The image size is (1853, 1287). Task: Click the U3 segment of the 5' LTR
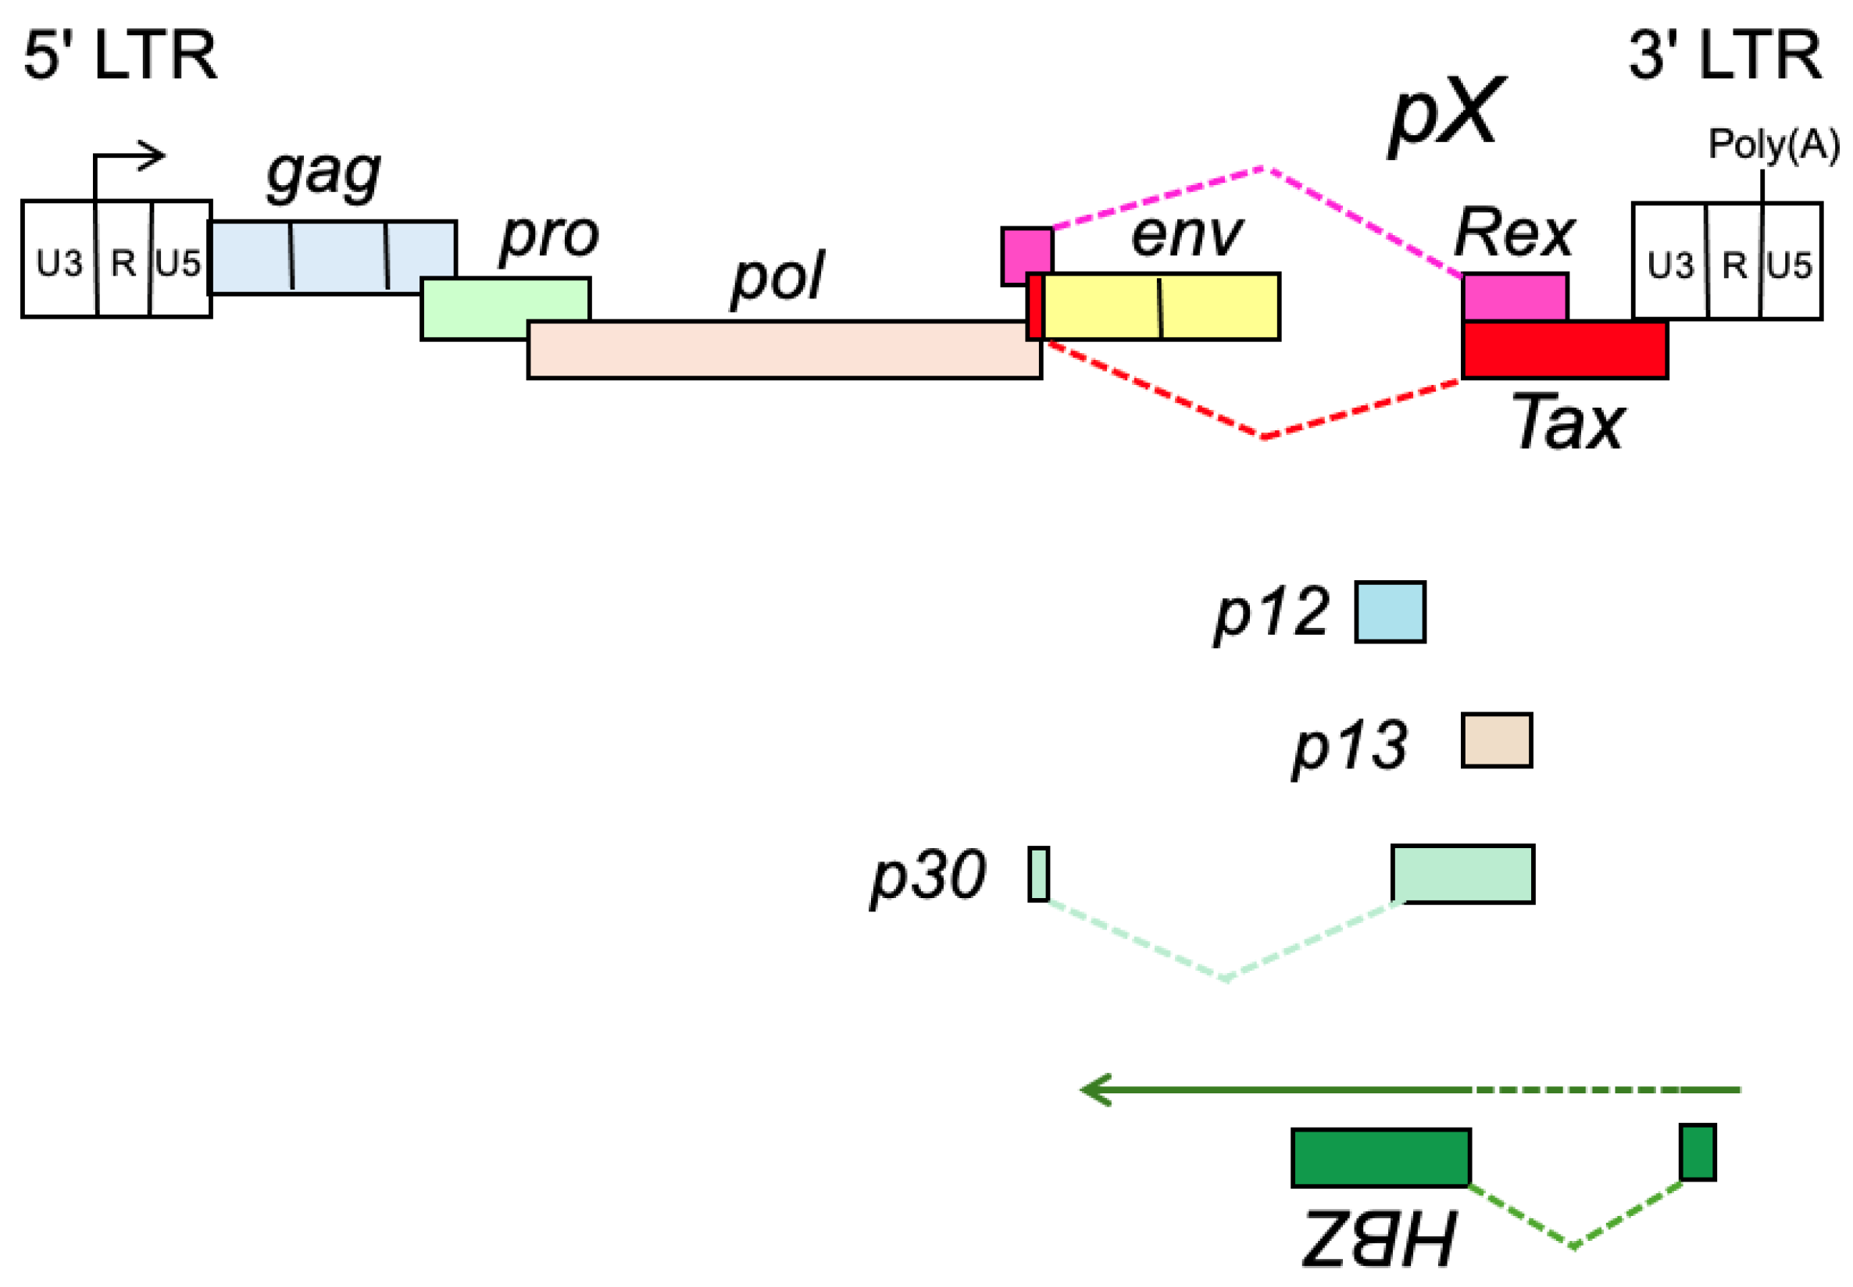click(58, 259)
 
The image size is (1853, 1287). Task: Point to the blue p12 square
click(1389, 612)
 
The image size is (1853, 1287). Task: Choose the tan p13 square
click(1496, 740)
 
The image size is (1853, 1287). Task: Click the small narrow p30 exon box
click(1038, 873)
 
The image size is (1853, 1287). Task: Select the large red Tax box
click(1563, 350)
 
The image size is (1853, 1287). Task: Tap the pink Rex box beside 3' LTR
click(1514, 297)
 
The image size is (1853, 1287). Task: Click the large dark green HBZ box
click(1380, 1158)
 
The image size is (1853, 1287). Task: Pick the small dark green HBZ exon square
click(1698, 1153)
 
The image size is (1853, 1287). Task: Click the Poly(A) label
click(1773, 144)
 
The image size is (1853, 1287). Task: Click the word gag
click(323, 173)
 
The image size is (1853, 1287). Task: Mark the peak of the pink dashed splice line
click(1263, 169)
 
